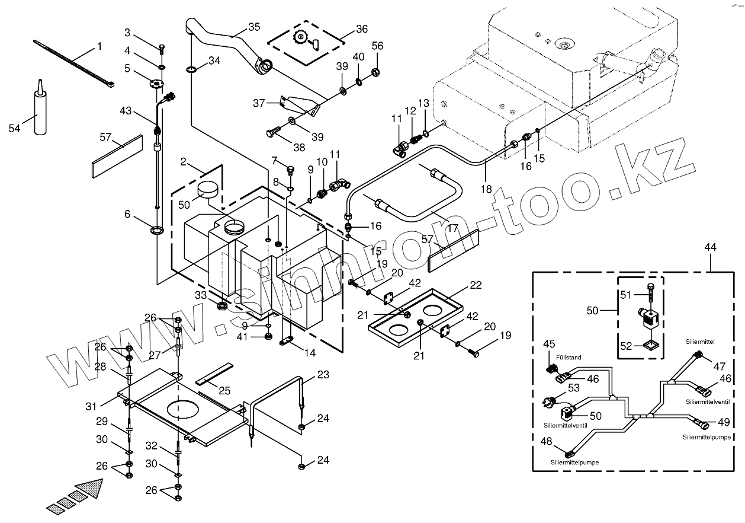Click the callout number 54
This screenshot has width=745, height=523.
pyautogui.click(x=15, y=128)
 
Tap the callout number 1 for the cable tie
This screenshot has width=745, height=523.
pyautogui.click(x=99, y=46)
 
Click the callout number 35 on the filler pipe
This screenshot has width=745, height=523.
pyautogui.click(x=254, y=27)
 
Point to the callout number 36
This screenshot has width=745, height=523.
pyautogui.click(x=361, y=29)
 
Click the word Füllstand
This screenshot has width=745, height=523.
pyautogui.click(x=569, y=358)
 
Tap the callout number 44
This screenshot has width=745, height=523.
pyautogui.click(x=710, y=247)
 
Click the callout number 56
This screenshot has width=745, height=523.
pyautogui.click(x=377, y=47)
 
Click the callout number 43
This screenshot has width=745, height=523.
pyautogui.click(x=125, y=111)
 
